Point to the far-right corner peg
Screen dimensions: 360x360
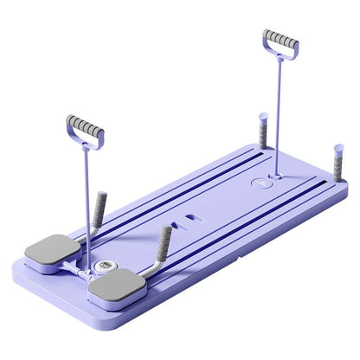(337, 164)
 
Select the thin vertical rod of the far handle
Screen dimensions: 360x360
(279, 112)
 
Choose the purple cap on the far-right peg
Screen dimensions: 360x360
(338, 149)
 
